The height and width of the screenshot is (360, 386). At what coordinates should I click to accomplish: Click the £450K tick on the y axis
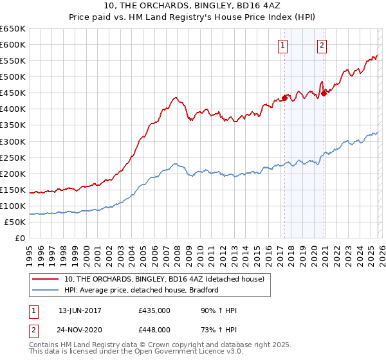tap(14, 93)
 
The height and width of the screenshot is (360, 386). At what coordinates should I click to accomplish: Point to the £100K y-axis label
tap(14, 206)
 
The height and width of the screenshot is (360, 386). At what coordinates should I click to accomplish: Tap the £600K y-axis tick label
tap(14, 45)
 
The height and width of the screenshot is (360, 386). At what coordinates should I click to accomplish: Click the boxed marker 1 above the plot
tap(283, 45)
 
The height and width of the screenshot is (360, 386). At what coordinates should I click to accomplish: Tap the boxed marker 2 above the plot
tap(322, 45)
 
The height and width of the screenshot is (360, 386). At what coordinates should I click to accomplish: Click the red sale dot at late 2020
tap(324, 94)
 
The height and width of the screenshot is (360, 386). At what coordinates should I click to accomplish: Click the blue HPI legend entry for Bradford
tap(142, 290)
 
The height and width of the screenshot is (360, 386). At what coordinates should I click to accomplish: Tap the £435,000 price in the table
tap(154, 310)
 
